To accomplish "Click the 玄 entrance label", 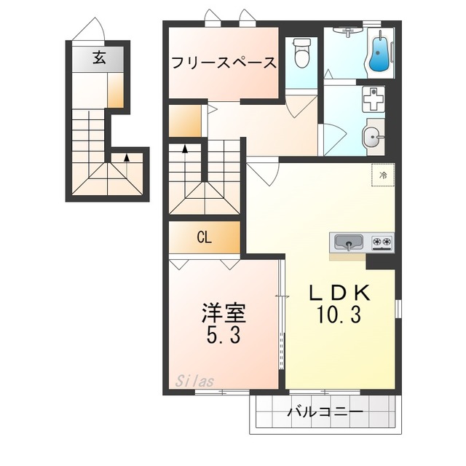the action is [99, 58].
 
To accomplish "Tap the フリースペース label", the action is [224, 63].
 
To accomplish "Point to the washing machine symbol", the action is [374, 99].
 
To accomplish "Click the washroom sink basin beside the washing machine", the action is [371, 138].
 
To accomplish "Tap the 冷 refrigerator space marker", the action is [383, 175].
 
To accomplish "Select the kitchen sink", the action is [349, 242].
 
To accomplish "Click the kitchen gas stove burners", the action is [382, 241].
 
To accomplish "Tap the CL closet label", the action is [205, 237].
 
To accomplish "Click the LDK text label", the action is [339, 293].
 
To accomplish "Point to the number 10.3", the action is [339, 315].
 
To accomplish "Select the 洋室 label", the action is [224, 313].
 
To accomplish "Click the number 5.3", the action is [224, 336].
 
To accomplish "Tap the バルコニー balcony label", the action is [325, 412].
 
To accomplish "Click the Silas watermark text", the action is [194, 381].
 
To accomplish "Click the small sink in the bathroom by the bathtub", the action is [347, 31].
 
